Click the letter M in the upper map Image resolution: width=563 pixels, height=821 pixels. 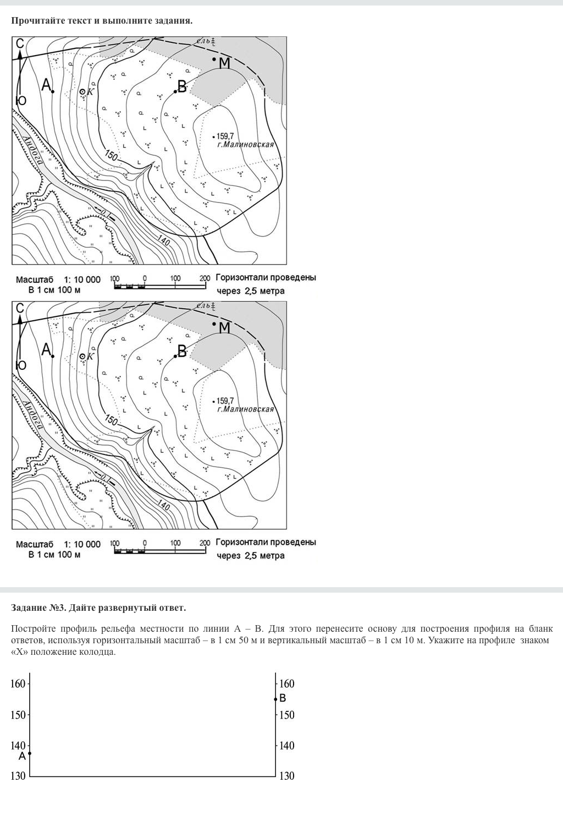224,63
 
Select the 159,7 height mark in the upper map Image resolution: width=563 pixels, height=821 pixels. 225,135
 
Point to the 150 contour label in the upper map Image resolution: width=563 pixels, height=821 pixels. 111,156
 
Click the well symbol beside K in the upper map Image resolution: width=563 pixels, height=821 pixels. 82,92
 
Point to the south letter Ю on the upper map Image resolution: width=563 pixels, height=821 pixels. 21,100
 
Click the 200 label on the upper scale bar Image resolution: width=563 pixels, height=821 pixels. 205,278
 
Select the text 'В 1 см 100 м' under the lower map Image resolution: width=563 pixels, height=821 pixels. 54,555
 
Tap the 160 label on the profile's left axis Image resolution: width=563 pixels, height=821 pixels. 18,684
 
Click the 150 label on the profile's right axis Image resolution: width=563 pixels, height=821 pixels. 287,715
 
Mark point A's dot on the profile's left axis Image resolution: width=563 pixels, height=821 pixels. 29,753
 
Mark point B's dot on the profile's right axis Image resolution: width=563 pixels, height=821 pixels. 275,699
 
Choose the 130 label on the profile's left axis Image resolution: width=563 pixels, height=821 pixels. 18,776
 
